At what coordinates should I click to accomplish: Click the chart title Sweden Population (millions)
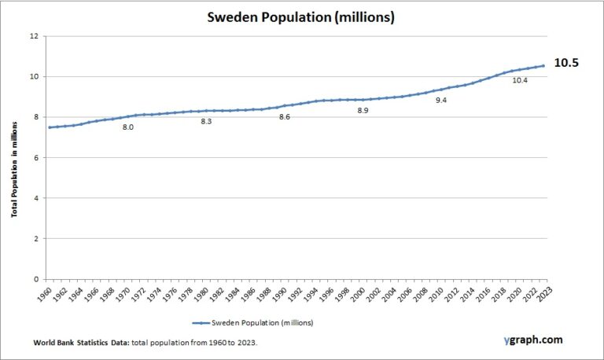point(301,17)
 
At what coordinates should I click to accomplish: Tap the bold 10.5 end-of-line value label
point(566,63)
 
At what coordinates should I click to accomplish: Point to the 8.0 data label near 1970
point(127,126)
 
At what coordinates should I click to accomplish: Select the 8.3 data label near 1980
point(206,122)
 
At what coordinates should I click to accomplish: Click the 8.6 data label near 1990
point(284,117)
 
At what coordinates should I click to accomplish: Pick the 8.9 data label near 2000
point(363,111)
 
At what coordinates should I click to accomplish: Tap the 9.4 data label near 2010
point(441,101)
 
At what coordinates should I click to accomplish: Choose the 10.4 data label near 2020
point(519,80)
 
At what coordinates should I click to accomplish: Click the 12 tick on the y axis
point(33,36)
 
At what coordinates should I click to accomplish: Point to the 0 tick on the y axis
point(35,279)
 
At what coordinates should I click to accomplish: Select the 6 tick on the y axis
point(35,158)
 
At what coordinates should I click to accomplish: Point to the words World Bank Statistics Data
point(79,343)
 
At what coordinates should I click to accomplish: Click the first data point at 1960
point(50,127)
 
